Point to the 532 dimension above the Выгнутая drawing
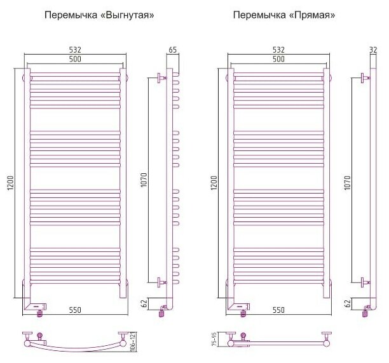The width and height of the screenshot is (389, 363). coord(75,49)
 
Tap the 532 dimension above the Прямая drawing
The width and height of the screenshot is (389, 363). coord(278,49)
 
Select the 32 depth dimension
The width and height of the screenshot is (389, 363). coord(373,49)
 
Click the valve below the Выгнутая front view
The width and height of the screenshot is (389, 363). coord(40,309)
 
